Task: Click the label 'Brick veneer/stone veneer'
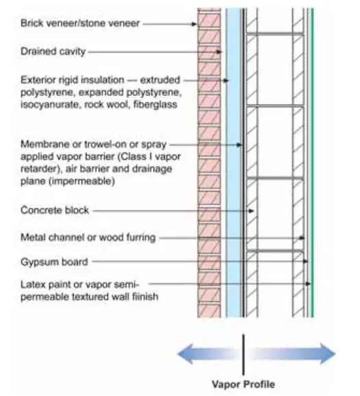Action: tap(80, 23)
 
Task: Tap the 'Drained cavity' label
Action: tap(53, 51)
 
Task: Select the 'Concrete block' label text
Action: tap(55, 210)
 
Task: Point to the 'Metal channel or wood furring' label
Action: tap(88, 238)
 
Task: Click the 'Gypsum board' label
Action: tap(54, 262)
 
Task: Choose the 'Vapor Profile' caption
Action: tap(243, 384)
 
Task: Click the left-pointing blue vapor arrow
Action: tap(208, 354)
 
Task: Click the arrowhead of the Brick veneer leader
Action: tap(194, 24)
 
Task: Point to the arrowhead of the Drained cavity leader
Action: tap(219, 52)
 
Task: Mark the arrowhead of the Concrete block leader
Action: tap(251, 211)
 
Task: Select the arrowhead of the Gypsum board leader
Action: tap(305, 262)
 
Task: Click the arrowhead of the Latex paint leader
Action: tap(308, 284)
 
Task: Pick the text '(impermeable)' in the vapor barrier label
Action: tap(82, 181)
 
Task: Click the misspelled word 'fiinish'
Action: tap(145, 296)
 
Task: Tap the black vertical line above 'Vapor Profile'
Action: tap(243, 355)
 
